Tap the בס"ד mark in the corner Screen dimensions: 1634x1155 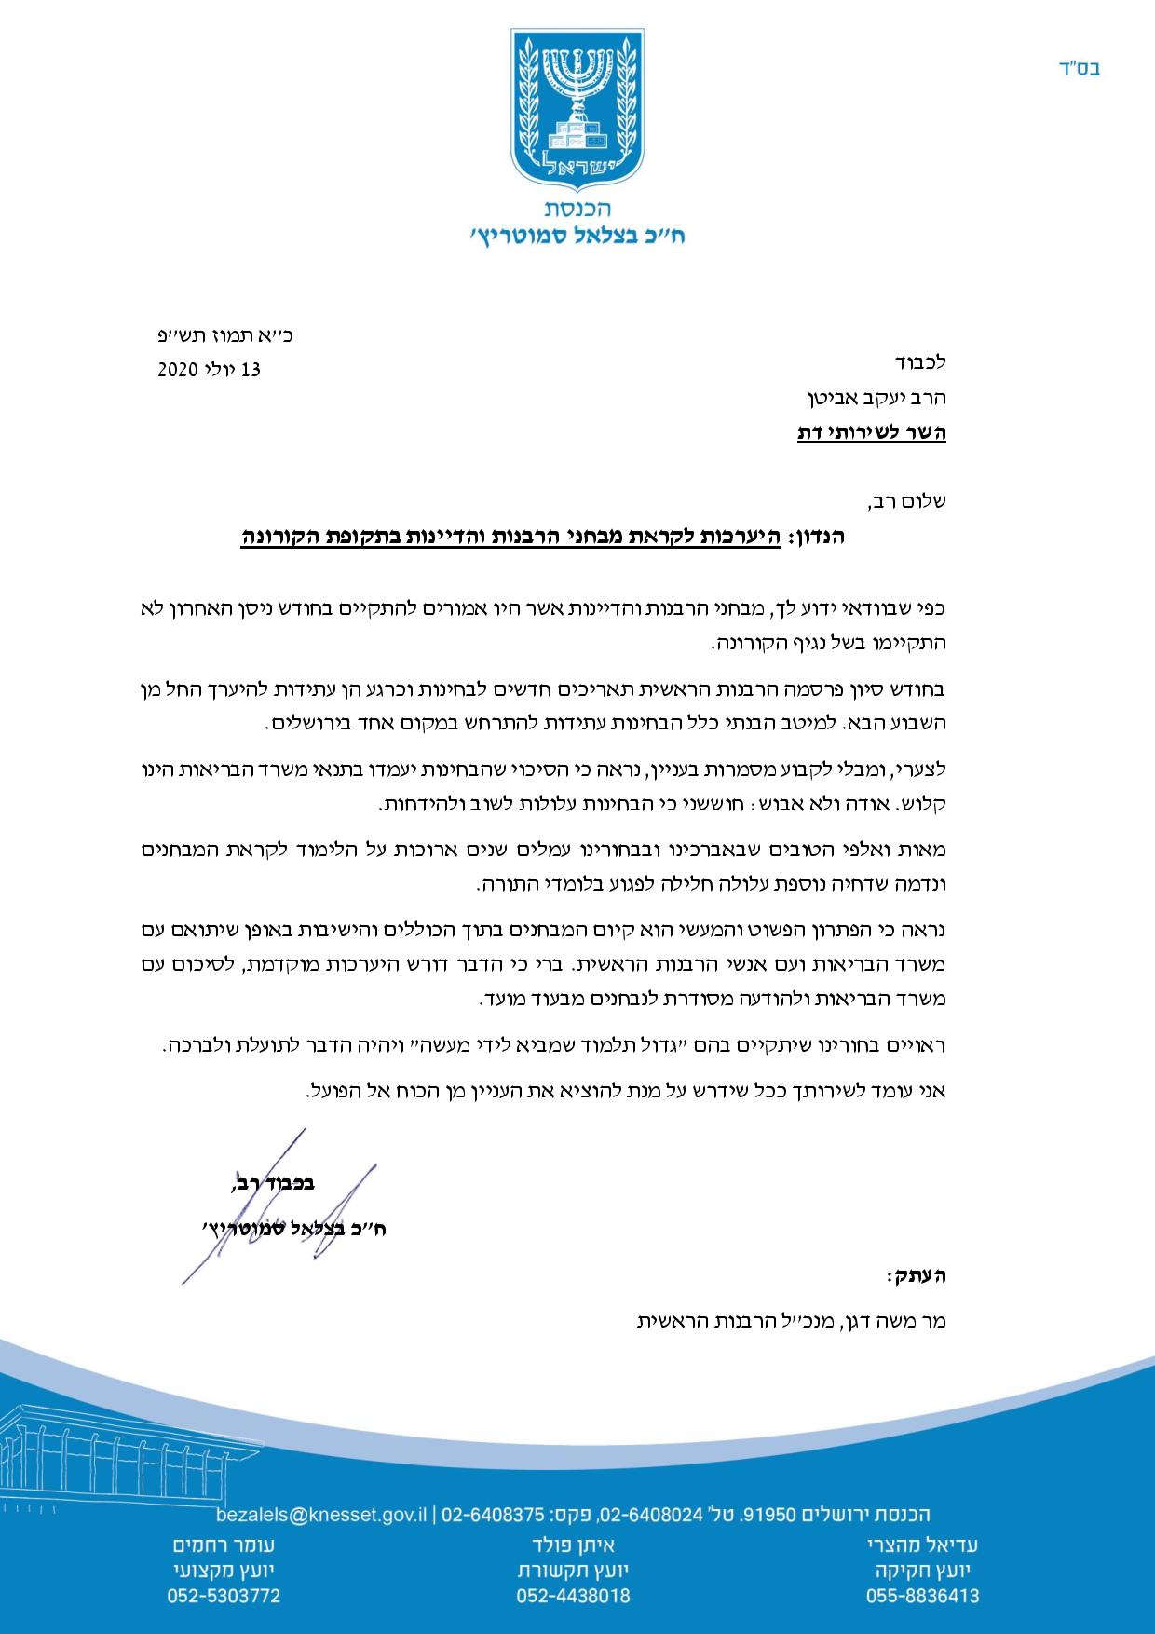1080,68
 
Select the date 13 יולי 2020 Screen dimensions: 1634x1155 210,370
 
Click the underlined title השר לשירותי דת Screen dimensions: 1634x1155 872,433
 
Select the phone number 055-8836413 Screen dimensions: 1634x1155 923,1596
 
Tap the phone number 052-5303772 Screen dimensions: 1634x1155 224,1596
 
